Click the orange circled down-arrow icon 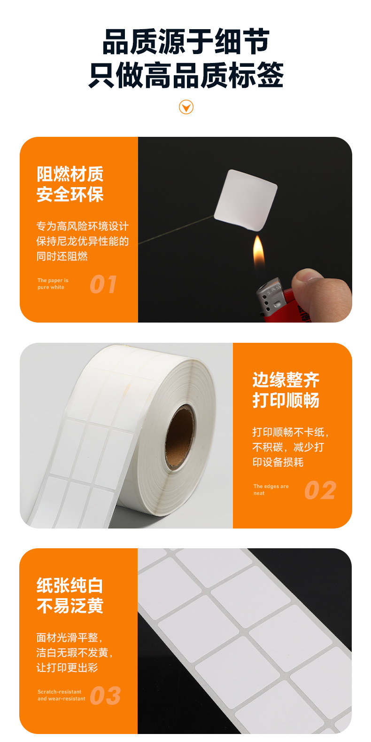(x=186, y=107)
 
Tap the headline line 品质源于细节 (x=186, y=41)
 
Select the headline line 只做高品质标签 (x=186, y=75)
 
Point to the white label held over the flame (x=246, y=200)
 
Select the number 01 (x=103, y=284)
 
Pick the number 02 (x=320, y=490)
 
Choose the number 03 (x=105, y=695)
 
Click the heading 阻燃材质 (x=70, y=174)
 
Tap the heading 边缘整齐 (x=286, y=380)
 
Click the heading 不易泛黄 (x=70, y=606)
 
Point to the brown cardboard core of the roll (x=179, y=437)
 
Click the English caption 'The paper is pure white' (x=53, y=284)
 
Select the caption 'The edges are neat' (x=271, y=489)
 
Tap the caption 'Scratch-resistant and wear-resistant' (x=61, y=695)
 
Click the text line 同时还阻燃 (x=62, y=256)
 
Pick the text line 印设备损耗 (x=278, y=462)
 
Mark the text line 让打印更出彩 (x=67, y=667)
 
